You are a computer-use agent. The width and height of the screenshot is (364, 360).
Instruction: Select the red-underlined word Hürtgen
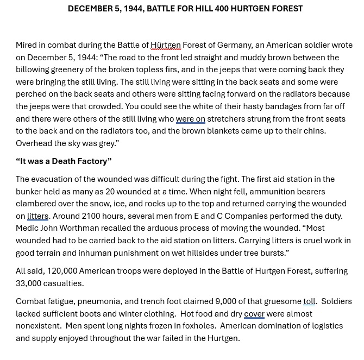pos(166,45)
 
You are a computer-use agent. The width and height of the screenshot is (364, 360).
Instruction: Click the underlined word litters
pos(38,216)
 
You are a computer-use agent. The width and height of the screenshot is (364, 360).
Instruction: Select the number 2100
pos(93,216)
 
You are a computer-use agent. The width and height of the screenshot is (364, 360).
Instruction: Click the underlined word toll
pos(309,301)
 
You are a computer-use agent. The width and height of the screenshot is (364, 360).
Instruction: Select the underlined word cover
pos(254,314)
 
